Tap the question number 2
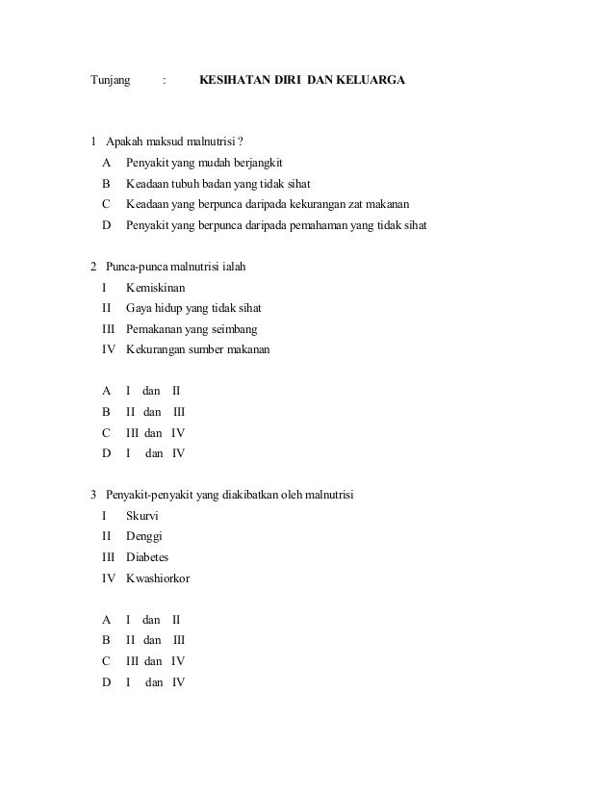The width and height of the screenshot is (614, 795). point(93,267)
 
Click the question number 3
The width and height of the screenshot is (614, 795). point(93,496)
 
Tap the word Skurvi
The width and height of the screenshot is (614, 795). point(142,516)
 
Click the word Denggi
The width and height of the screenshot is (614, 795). point(144,536)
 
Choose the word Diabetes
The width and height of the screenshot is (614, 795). point(147,557)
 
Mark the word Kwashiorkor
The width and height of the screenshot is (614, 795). point(159,577)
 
